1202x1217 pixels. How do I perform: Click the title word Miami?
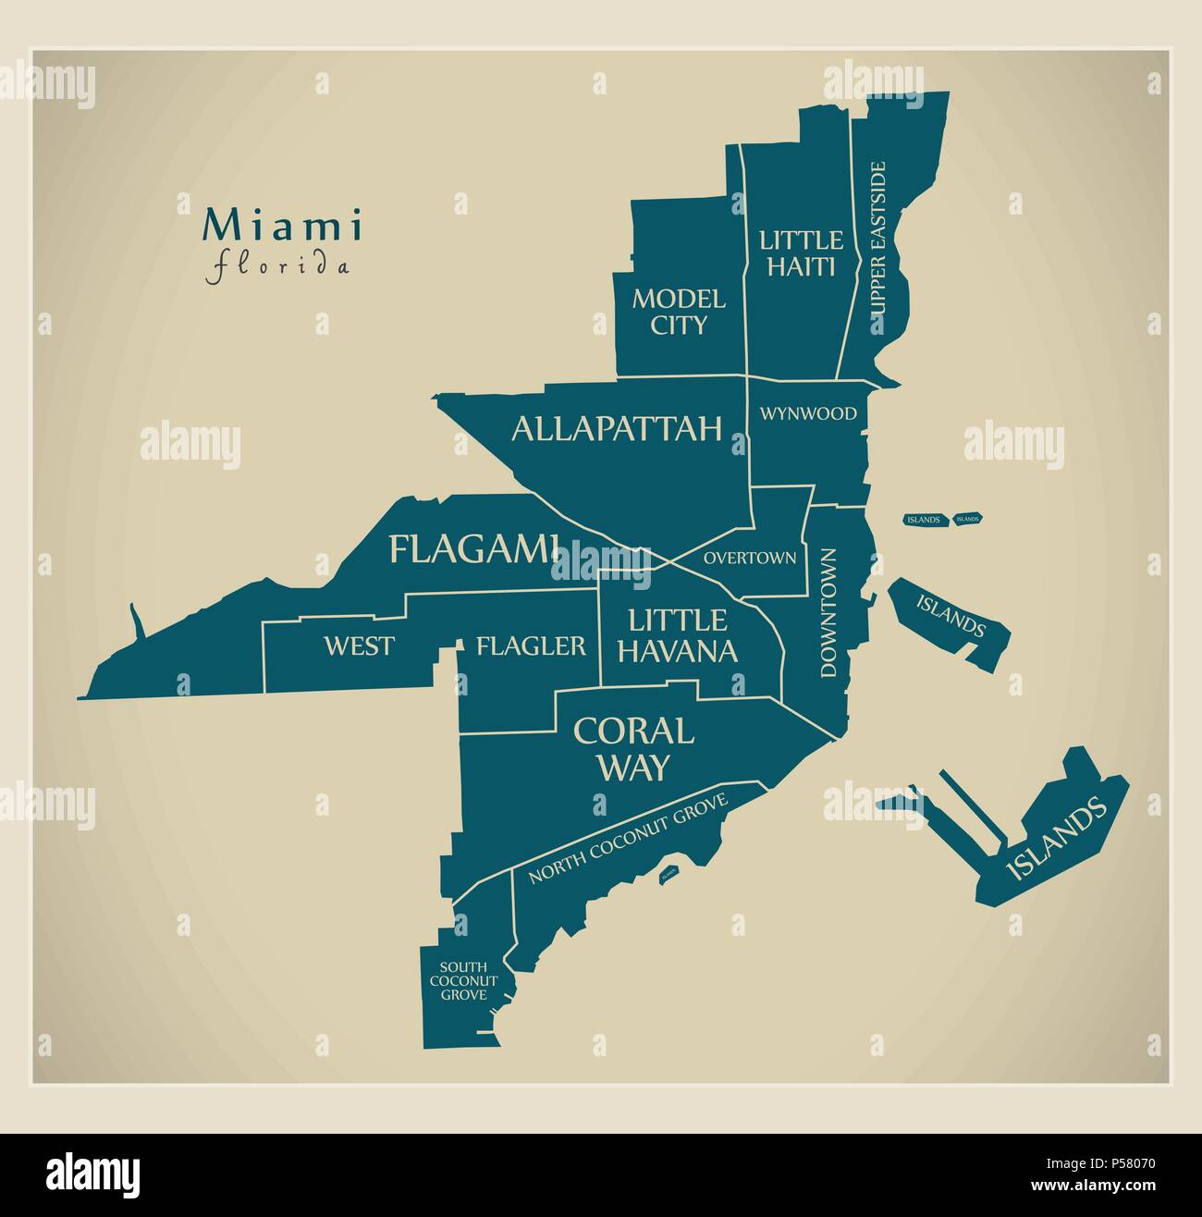tap(283, 226)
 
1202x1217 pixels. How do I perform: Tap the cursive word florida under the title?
tap(278, 267)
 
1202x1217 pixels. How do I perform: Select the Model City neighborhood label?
tap(679, 312)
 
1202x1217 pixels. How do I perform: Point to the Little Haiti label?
tap(801, 253)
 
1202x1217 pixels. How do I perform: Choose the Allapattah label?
tap(617, 428)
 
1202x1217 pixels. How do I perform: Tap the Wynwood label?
tap(808, 413)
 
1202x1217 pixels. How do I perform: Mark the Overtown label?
tap(750, 558)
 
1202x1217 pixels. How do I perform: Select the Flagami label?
tap(474, 549)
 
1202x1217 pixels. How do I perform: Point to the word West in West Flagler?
tap(359, 645)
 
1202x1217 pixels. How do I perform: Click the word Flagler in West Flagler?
tap(531, 645)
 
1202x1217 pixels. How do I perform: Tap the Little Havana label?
tap(678, 635)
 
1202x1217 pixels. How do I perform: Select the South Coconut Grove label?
tap(463, 980)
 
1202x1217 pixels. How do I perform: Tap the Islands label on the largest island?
tap(1056, 838)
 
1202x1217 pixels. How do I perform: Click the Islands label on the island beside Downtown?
tap(951, 617)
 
